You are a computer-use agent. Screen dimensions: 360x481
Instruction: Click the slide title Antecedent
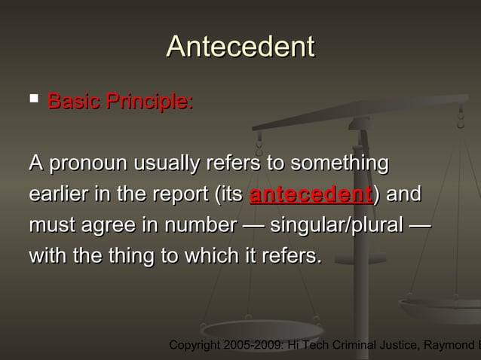tap(240, 47)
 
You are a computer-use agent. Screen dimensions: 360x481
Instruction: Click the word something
tap(339, 163)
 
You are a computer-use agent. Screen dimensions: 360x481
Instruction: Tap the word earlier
tap(56, 194)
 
